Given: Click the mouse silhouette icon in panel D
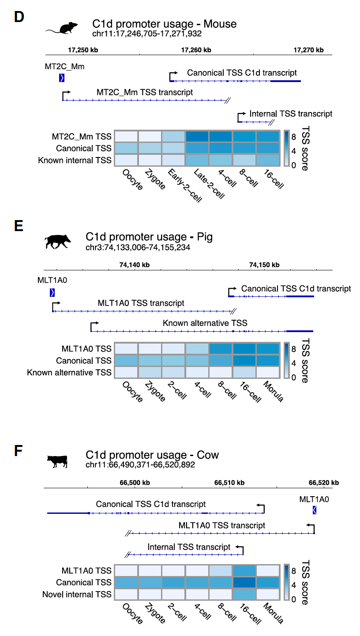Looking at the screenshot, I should [62, 29].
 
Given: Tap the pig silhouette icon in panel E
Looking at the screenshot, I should [58, 242].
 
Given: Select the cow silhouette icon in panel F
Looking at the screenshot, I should [57, 461].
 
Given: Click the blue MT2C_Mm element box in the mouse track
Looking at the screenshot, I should [62, 78].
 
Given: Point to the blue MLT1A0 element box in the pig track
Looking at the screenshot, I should [52, 292].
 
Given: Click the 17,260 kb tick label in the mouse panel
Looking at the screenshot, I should [196, 50].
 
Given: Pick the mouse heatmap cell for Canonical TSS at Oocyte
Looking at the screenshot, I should [126, 148].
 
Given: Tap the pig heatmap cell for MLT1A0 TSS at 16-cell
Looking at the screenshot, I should [244, 349].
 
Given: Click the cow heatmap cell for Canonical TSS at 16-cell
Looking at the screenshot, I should [244, 583].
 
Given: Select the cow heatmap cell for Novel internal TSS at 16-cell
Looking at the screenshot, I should [244, 594].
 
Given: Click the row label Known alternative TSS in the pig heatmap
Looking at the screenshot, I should [69, 373].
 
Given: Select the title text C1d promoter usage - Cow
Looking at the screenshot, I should [152, 455].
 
